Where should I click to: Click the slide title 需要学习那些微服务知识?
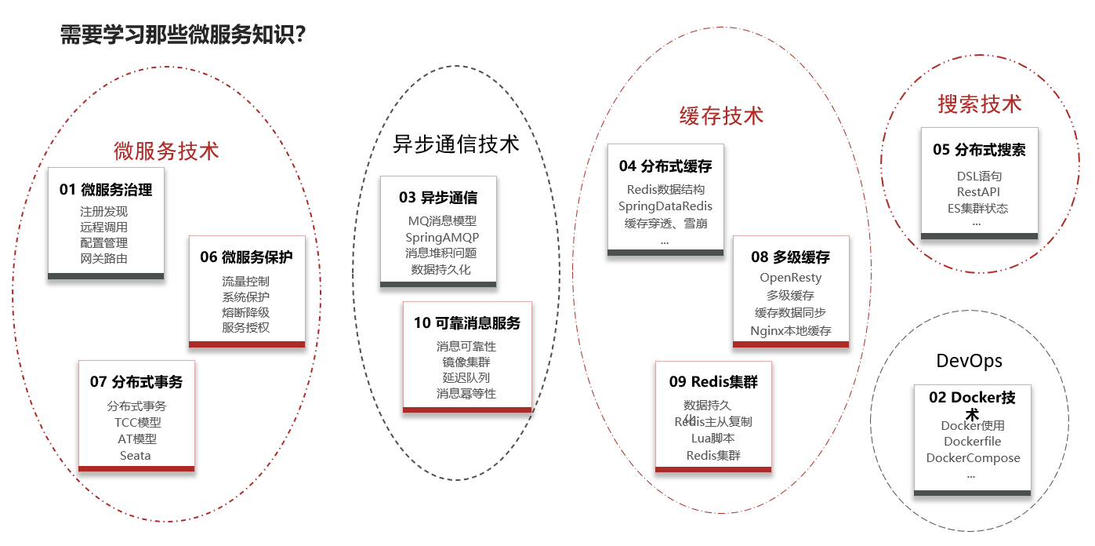click(183, 35)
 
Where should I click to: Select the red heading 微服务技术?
click(166, 151)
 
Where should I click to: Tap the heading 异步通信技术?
click(455, 144)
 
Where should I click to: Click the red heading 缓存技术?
click(721, 116)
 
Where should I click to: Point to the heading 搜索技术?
click(980, 104)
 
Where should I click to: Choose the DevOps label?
click(970, 361)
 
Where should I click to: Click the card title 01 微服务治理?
click(106, 189)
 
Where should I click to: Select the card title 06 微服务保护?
click(246, 257)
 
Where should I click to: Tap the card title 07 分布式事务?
click(136, 382)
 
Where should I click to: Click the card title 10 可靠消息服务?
click(467, 322)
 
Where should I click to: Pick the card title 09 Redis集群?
click(713, 382)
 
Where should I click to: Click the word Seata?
click(136, 456)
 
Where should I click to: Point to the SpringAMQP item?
click(442, 237)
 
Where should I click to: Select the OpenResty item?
click(791, 278)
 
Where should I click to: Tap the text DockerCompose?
click(973, 458)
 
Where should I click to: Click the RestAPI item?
click(978, 192)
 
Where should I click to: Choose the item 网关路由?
click(104, 259)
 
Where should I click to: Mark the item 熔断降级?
click(245, 312)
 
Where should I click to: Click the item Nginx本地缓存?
click(791, 330)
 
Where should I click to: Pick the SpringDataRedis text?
click(665, 206)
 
